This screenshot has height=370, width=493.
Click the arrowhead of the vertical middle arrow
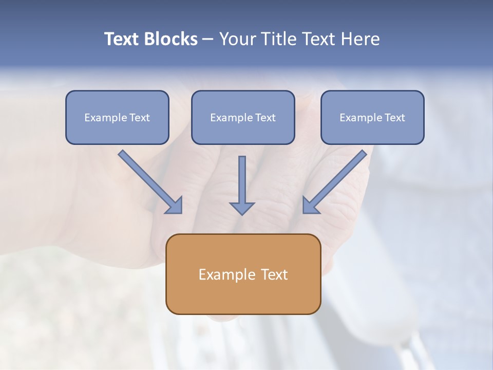click(242, 208)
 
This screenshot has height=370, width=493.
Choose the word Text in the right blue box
click(395, 118)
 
